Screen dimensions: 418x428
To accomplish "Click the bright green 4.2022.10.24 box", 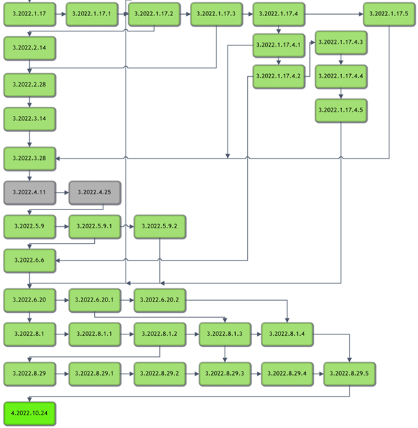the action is [x=30, y=413].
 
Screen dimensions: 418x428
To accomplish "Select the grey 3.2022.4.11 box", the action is [x=30, y=193].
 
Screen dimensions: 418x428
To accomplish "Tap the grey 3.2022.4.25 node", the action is [x=95, y=193].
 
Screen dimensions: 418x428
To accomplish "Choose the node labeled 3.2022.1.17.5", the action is [x=389, y=14].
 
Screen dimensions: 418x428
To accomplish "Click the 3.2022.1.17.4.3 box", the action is [x=341, y=43].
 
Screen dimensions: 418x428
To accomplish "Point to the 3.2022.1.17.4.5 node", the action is [x=341, y=110].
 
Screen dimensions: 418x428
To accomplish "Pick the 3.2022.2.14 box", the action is [x=30, y=48].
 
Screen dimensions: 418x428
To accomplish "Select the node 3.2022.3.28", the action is [x=30, y=158].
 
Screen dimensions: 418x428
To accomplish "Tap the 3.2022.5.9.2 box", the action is [x=160, y=226].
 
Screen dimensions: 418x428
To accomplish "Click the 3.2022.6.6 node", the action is [x=30, y=260].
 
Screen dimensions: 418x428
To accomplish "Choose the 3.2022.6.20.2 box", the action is [x=160, y=300].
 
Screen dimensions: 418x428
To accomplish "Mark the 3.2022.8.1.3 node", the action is [x=225, y=334].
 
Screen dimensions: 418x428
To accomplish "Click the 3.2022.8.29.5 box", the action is [x=350, y=374].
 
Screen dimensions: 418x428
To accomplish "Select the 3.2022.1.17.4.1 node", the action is [x=278, y=45].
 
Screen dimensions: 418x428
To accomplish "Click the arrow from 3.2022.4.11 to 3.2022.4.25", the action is [x=62, y=193].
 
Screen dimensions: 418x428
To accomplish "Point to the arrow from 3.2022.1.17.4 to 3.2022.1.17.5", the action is [x=334, y=14].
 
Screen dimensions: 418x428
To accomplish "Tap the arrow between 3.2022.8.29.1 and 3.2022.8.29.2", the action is [x=128, y=374].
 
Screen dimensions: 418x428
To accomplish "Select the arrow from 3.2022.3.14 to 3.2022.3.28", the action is [x=30, y=139].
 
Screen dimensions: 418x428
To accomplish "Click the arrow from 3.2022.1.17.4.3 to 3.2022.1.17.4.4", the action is [x=341, y=59].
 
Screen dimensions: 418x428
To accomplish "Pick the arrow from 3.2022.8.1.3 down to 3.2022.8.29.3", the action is [x=225, y=354].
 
